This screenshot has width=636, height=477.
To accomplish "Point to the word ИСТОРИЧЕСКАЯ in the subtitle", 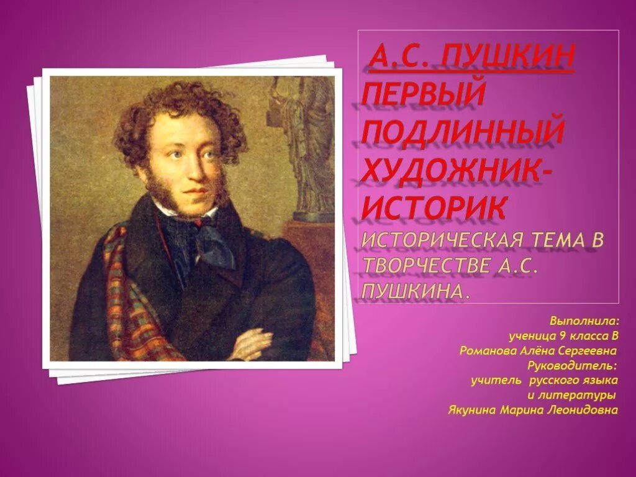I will [x=444, y=241].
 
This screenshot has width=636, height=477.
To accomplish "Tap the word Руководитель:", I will [x=571, y=365].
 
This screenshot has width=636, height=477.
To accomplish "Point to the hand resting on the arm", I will [x=251, y=341].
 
